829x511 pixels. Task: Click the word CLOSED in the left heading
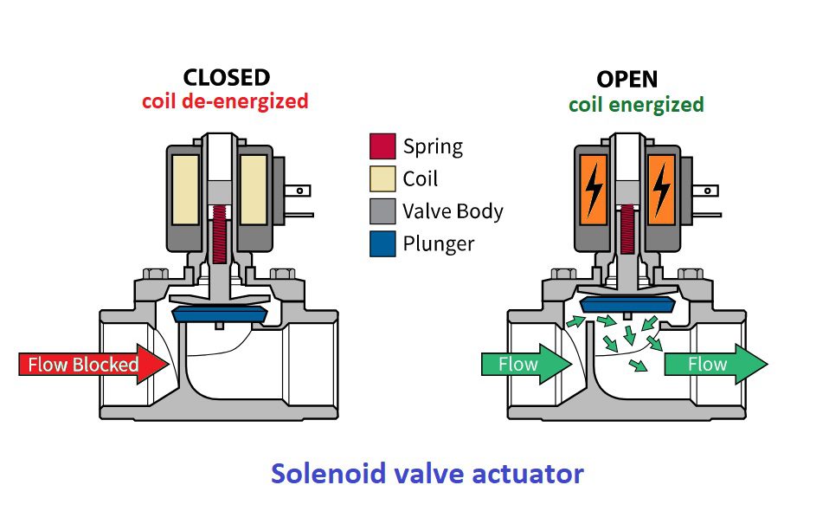click(x=227, y=78)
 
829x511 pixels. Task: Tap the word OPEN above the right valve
click(x=627, y=80)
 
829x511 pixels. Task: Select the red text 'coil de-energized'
click(x=225, y=100)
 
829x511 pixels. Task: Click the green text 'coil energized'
click(x=636, y=105)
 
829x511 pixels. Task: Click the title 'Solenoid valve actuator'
click(x=427, y=474)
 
